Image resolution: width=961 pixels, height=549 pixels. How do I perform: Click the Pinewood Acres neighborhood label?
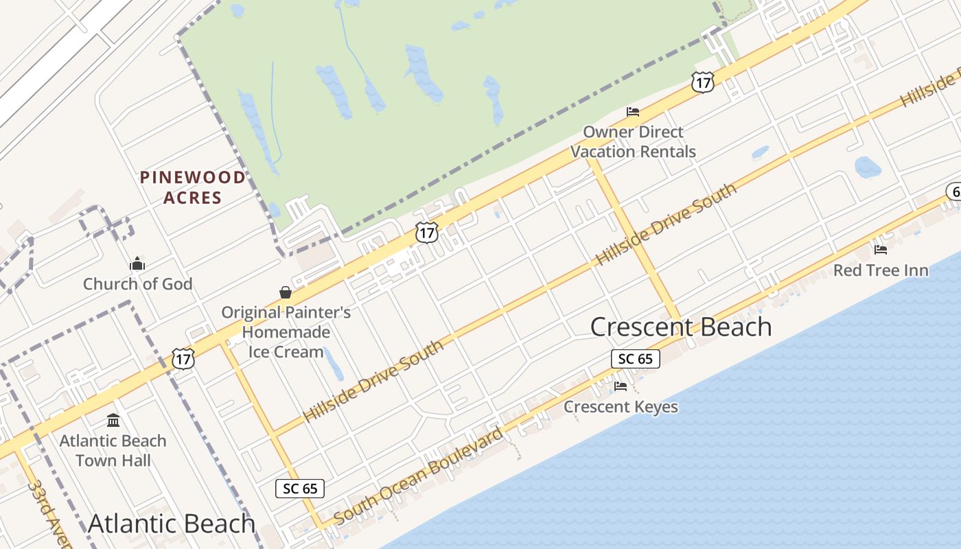tap(192, 187)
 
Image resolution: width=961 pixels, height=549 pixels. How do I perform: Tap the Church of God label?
tap(137, 283)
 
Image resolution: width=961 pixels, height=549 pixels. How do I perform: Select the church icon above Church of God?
tap(137, 264)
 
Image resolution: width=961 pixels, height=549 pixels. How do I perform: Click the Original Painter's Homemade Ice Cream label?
tap(286, 332)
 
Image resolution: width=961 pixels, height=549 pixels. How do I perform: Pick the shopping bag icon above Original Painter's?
tap(286, 293)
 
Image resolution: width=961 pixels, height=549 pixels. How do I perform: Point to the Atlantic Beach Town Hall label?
tap(113, 450)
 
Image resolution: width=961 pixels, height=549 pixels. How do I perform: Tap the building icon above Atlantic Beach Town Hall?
tap(113, 420)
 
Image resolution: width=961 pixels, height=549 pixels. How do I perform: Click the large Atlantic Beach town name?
tap(172, 524)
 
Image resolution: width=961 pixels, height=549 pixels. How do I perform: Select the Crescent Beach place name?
tap(681, 327)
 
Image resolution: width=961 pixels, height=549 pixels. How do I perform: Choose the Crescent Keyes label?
tap(621, 407)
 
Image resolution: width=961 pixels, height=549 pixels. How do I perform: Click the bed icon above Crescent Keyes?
tap(621, 386)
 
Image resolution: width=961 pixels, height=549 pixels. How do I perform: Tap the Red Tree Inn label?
tap(881, 270)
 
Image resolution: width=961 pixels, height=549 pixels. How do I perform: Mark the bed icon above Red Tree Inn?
tap(881, 250)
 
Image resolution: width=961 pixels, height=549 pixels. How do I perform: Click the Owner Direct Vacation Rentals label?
tap(633, 141)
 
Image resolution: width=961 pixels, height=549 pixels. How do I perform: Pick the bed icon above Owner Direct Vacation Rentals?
tap(633, 111)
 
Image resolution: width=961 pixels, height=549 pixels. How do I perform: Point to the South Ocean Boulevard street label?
tap(418, 476)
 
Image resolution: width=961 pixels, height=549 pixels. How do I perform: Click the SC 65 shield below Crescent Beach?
tap(635, 358)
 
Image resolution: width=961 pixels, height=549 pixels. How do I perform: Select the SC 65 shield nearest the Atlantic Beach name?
tap(300, 488)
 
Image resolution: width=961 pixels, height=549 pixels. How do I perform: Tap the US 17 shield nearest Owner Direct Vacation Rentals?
tap(703, 82)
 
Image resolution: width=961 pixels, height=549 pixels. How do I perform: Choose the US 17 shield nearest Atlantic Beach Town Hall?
tap(183, 358)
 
